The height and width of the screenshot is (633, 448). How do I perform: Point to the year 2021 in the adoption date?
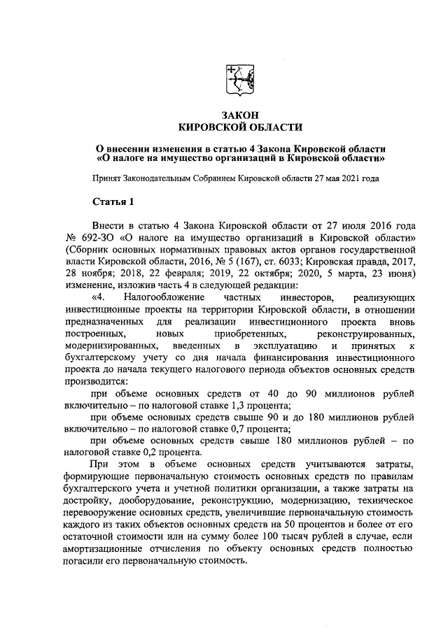click(351, 178)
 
